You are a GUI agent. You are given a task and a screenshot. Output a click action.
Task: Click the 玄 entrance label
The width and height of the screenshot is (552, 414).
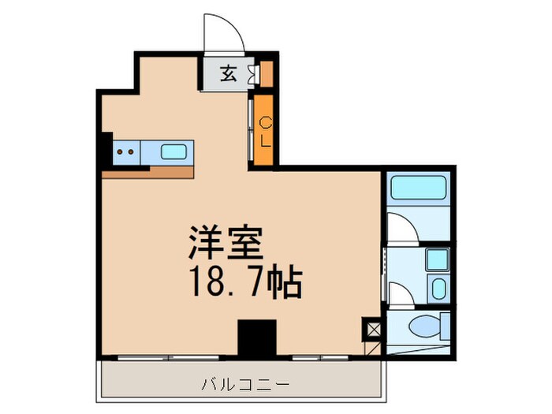(227, 74)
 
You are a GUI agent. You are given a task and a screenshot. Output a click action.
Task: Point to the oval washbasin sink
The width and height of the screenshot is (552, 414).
(438, 286)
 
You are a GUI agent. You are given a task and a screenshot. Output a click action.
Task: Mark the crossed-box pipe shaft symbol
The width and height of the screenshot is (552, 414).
(371, 327)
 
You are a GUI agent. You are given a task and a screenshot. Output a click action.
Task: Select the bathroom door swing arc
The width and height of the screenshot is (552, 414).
(401, 227)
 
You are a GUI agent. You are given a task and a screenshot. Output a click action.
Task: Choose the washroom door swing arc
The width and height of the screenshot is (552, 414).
(399, 293)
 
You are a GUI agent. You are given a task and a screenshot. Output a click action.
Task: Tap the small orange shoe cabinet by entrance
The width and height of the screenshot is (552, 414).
(267, 73)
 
